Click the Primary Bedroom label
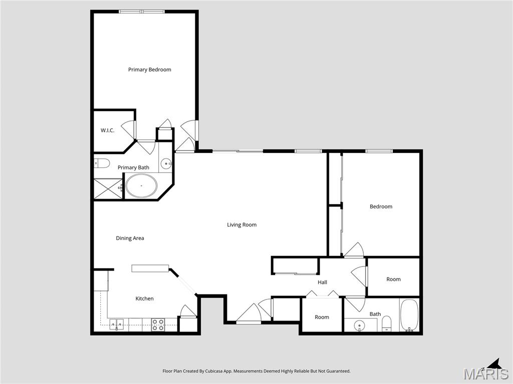coord(149,69)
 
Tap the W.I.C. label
coord(107,130)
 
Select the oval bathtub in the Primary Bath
coord(141,185)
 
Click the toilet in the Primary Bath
coord(102,163)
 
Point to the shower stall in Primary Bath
coord(108,189)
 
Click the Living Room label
coord(241,225)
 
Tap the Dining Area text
coord(130,238)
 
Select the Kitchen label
coord(144,298)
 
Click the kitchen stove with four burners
coord(158,324)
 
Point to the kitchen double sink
coord(117,324)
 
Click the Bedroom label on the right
coord(381,206)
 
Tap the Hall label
coord(322,282)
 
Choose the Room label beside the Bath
coord(322,317)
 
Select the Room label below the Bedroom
coord(393,279)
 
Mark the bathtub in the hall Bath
coord(409,315)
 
